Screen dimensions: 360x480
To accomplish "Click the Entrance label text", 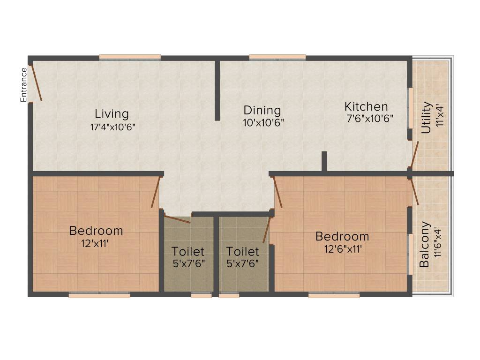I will [23, 85].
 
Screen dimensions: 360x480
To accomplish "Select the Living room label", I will [112, 114].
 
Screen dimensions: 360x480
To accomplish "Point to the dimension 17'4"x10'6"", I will [112, 127].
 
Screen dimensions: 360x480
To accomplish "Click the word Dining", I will [262, 111].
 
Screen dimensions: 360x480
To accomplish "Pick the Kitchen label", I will [366, 106].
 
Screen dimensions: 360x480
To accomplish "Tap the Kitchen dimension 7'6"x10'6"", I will [369, 119].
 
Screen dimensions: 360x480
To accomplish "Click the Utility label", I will [426, 118].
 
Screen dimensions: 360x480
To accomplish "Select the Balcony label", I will [424, 244].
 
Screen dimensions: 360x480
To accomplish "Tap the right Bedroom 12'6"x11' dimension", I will [343, 248].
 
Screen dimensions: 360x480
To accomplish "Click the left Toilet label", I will [187, 251].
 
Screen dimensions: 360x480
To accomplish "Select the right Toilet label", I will [242, 252].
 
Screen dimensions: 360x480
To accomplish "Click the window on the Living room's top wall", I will [130, 58].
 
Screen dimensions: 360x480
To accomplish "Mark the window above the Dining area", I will [277, 58].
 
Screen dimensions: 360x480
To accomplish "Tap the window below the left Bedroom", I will [99, 296].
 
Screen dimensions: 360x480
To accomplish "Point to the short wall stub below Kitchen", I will [324, 162].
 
